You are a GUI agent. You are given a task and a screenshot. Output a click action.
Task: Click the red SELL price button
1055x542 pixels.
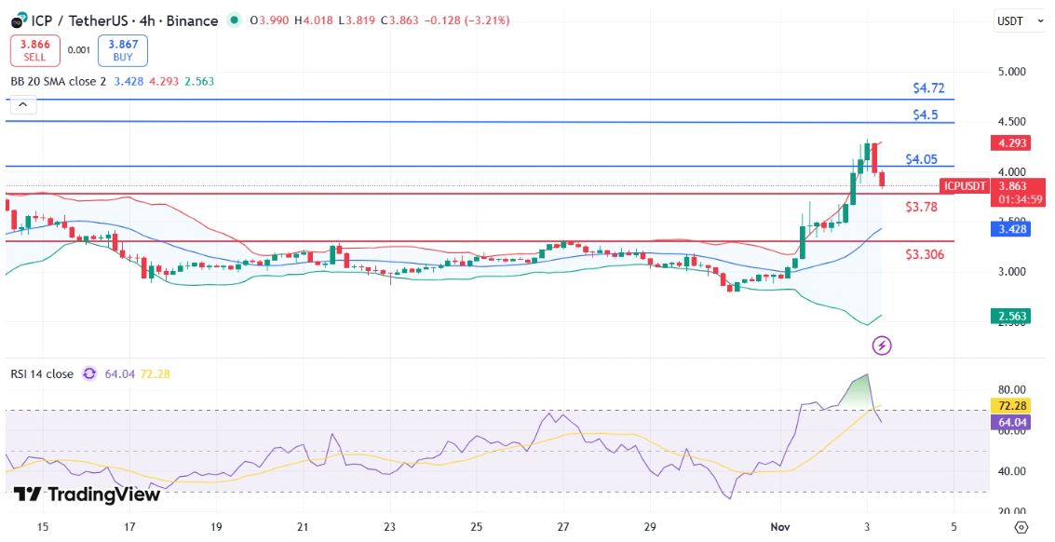[x=35, y=50]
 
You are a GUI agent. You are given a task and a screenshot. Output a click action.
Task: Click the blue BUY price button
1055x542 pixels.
[x=122, y=50]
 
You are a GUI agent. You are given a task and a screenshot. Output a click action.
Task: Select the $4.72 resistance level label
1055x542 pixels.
[x=928, y=88]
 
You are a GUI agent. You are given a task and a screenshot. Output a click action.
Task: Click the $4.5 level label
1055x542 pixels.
[x=925, y=115]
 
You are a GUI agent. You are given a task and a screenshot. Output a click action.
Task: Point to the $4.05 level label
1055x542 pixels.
[x=921, y=159]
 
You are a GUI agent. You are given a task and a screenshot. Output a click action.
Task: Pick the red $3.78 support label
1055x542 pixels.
[x=921, y=206]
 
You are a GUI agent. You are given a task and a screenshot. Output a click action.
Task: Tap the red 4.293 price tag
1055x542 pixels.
[x=1010, y=143]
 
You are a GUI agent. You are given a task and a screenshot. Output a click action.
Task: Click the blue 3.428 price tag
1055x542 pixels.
[x=1010, y=228]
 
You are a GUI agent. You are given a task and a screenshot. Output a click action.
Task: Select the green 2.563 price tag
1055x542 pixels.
[x=1010, y=317]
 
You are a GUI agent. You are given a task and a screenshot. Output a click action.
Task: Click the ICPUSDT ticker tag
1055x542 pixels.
[x=964, y=186]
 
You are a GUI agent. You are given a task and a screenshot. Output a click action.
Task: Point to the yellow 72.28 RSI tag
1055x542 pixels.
[x=1010, y=407]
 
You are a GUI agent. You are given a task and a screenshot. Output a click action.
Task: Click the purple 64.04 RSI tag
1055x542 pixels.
[x=1010, y=422]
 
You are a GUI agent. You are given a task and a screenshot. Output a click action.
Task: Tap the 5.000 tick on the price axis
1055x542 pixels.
[x=1010, y=72]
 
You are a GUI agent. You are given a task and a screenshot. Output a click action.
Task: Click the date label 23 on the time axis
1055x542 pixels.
[x=389, y=526]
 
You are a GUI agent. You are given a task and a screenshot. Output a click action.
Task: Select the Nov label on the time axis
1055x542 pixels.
[x=779, y=526]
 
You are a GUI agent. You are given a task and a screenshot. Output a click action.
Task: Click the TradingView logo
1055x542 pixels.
[x=88, y=495]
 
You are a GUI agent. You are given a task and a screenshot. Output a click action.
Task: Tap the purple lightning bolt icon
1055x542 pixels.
[x=882, y=346]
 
